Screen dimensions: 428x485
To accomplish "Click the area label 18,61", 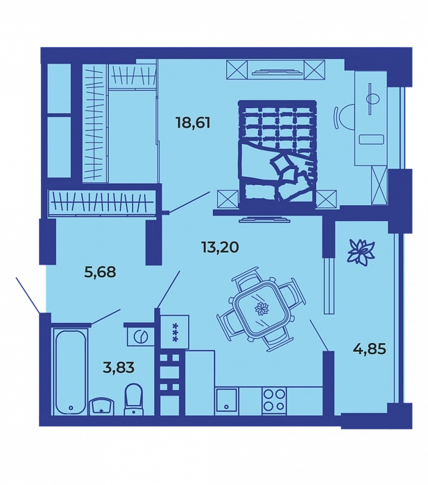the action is [193, 123].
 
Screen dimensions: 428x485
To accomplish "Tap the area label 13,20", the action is [219, 247].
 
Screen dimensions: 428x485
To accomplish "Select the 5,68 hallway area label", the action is [100, 272].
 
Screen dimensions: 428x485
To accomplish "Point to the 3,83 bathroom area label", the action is [119, 367].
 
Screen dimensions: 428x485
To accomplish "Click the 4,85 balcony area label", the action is [369, 349].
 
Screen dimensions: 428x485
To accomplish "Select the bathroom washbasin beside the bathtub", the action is [102, 406].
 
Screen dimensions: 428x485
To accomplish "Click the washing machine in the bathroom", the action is [141, 336].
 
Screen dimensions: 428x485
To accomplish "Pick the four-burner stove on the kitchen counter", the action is [275, 400].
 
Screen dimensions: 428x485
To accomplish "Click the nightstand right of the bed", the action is [327, 200].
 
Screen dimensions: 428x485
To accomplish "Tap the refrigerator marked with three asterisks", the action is [175, 332].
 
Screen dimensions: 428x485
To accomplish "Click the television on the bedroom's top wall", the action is [277, 72].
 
